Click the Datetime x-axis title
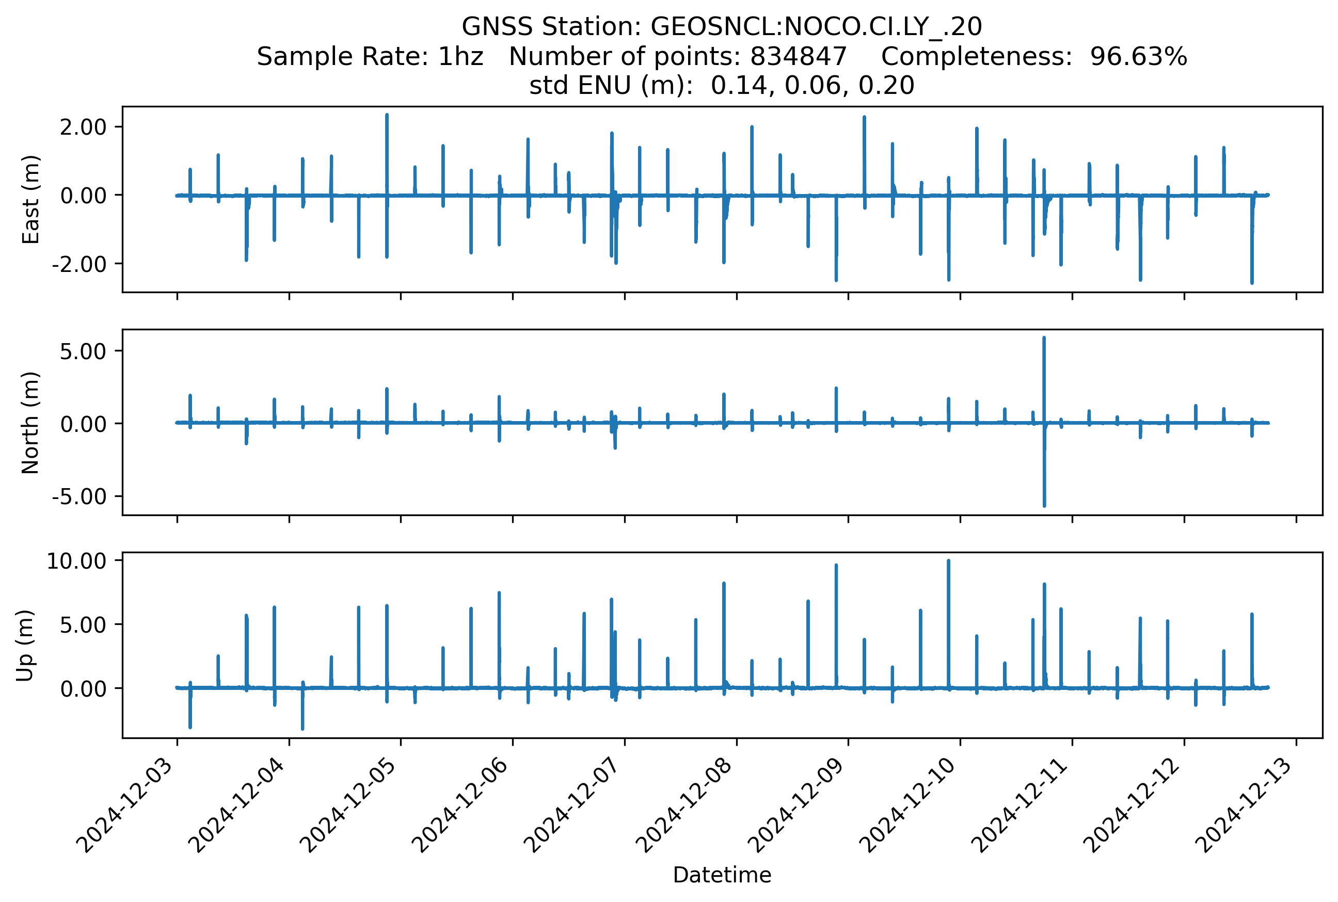722,875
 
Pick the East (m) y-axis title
30,200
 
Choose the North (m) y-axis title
30,423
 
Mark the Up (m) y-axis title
24,646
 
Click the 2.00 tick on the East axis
83,127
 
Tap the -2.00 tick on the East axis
79,264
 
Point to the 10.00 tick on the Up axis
76,561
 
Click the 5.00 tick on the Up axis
83,625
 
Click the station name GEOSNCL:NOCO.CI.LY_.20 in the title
816,26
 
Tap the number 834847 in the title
798,56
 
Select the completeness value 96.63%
1138,56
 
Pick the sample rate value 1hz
460,56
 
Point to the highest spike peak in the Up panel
948,561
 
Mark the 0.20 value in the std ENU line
886,86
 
